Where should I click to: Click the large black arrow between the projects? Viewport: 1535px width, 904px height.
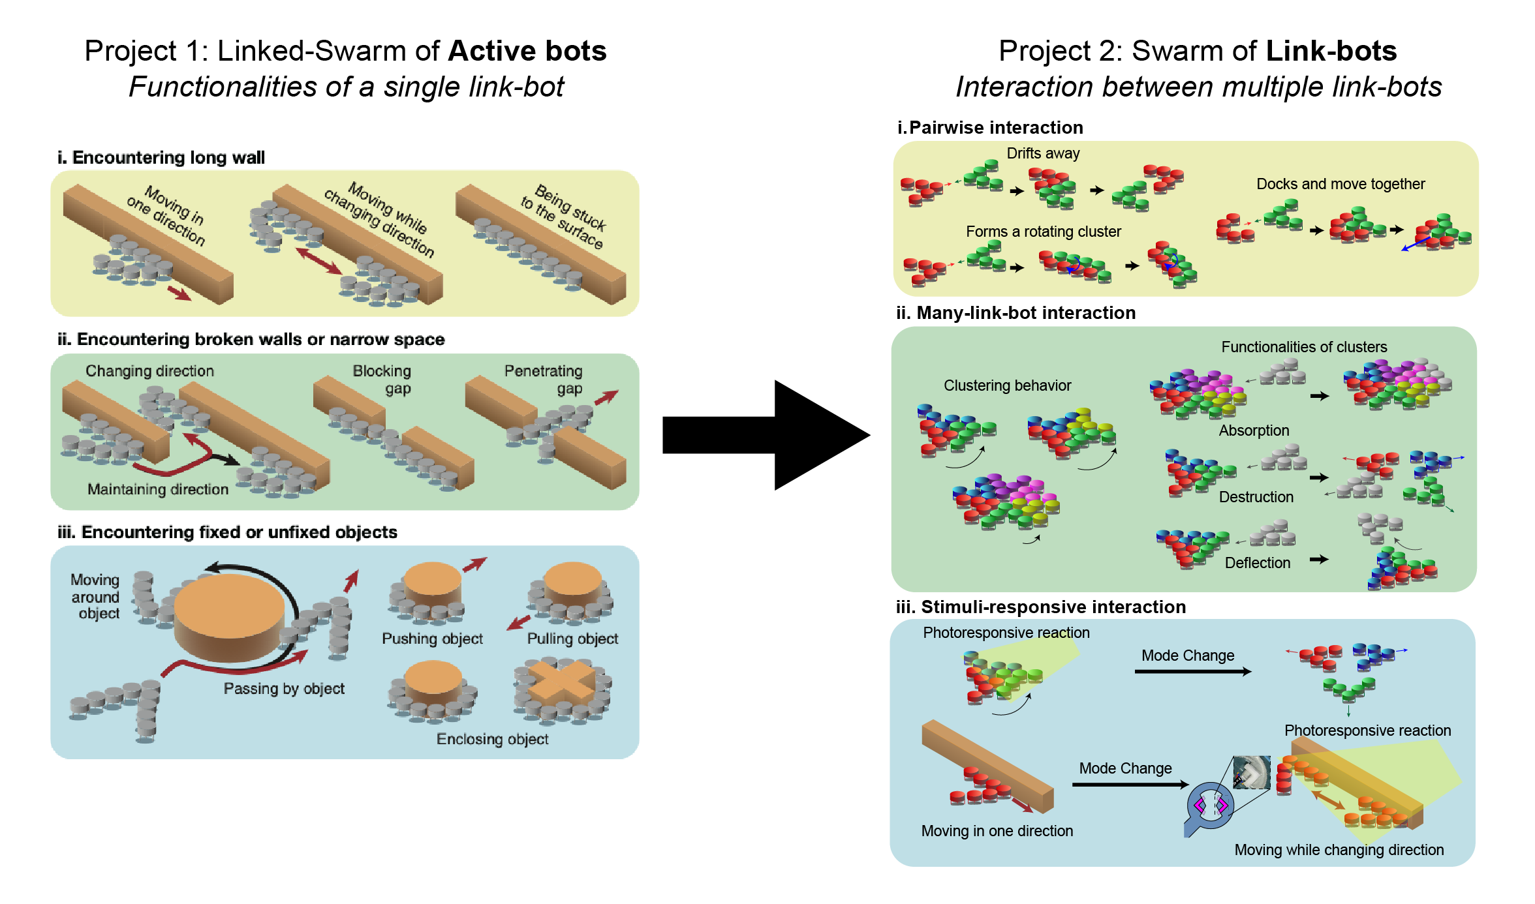point(764,435)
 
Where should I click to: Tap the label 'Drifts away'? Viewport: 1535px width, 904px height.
point(1043,153)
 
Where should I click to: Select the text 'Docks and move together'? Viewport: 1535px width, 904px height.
point(1340,184)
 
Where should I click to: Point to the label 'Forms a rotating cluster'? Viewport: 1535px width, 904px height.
point(1043,232)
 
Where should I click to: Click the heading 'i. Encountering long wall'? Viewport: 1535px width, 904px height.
point(161,158)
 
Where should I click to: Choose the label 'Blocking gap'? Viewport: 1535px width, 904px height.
point(382,380)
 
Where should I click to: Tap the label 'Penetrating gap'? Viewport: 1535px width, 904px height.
point(544,380)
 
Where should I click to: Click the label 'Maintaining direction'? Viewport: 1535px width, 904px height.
point(158,489)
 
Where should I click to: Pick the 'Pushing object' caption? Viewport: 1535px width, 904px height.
point(432,639)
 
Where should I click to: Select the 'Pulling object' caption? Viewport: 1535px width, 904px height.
point(572,639)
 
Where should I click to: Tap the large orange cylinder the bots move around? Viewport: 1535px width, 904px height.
point(230,616)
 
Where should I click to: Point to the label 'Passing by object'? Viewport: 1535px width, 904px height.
point(284,689)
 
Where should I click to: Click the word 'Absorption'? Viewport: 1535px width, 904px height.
point(1254,430)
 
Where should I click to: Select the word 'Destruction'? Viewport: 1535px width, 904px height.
point(1256,497)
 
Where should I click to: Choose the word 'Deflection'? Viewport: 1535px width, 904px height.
point(1257,563)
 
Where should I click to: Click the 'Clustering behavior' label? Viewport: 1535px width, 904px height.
point(1007,385)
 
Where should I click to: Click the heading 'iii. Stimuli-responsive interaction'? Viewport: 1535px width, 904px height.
point(1040,607)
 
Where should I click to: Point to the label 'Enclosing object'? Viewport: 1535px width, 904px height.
point(492,739)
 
